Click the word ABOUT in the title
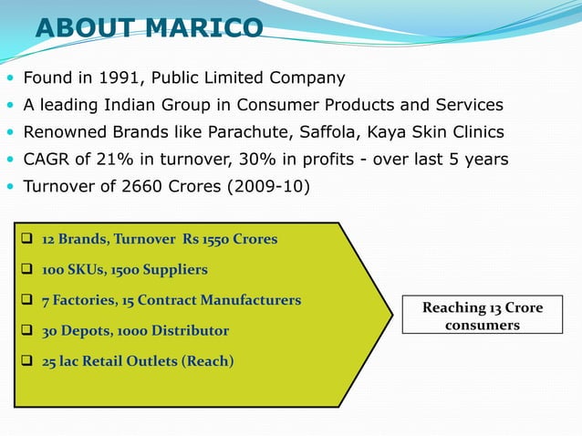click(x=82, y=28)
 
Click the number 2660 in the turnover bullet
click(x=139, y=187)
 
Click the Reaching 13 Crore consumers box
click(x=482, y=316)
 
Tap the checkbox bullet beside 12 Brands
click(x=27, y=239)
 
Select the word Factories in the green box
click(x=86, y=300)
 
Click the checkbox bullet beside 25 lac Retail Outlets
click(x=27, y=360)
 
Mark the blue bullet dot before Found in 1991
click(x=9, y=78)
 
